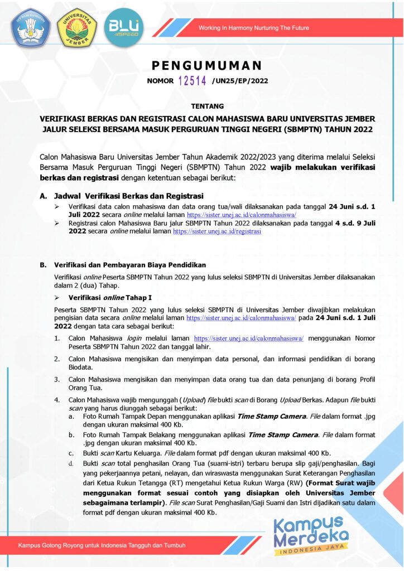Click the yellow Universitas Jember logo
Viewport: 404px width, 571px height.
tap(77, 27)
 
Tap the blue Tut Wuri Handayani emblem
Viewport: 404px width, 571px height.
tap(30, 27)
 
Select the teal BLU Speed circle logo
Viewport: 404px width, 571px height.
tap(124, 27)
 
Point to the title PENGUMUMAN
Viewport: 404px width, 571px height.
tap(206, 66)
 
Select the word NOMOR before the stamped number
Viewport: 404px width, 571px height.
tap(160, 81)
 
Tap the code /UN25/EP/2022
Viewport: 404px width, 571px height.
tap(240, 81)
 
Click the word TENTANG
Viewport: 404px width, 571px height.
tap(207, 106)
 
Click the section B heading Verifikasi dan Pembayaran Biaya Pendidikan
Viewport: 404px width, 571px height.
tap(130, 264)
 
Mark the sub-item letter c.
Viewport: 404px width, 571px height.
tap(71, 453)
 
